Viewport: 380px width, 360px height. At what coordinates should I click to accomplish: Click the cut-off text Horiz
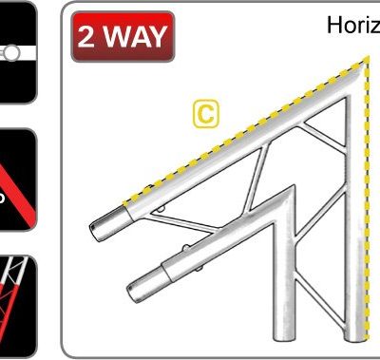click(x=352, y=25)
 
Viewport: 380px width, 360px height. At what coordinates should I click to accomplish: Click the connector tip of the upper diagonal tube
click(x=98, y=231)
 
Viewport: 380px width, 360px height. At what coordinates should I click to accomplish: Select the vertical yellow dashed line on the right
click(x=367, y=209)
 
